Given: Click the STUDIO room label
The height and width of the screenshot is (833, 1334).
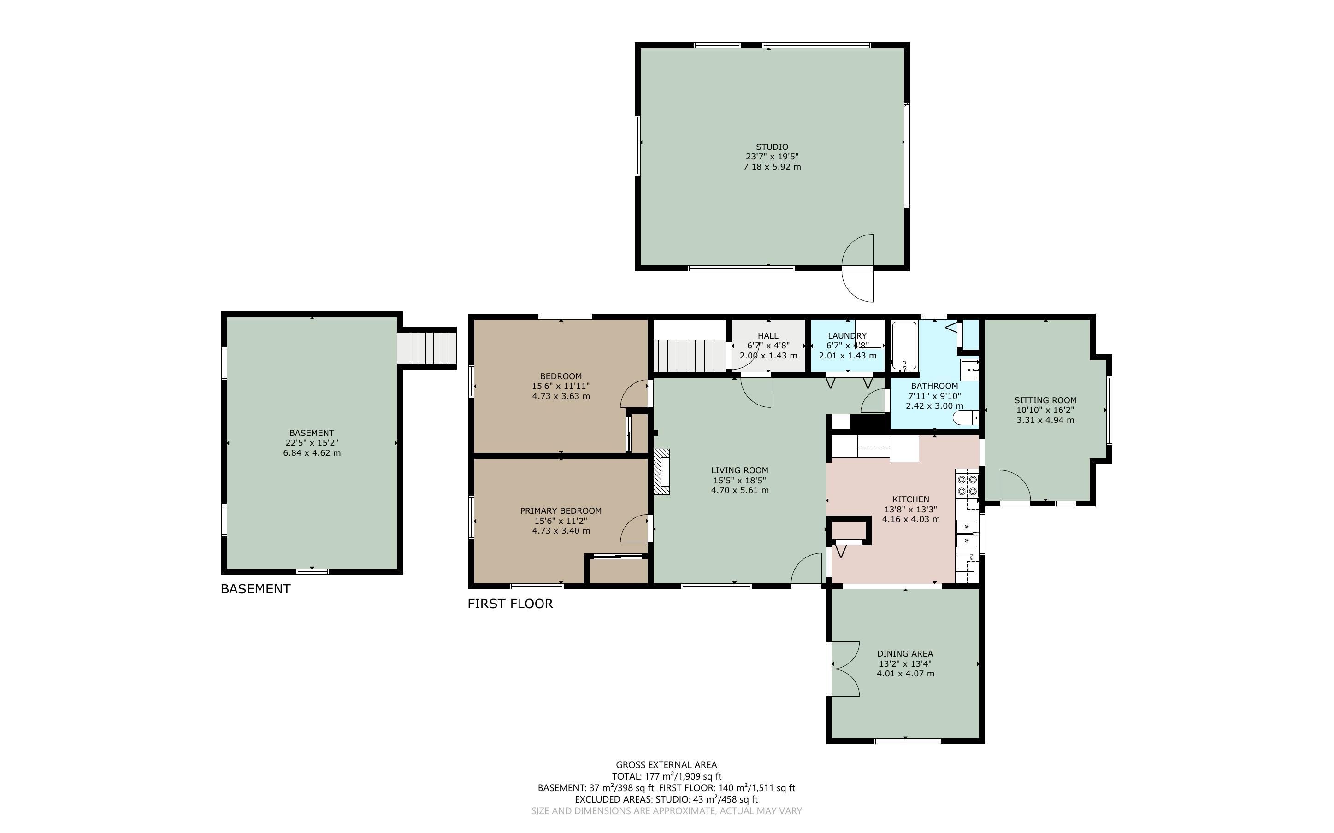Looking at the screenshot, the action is tap(772, 147).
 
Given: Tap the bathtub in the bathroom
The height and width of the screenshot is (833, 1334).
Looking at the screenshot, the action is tap(903, 346).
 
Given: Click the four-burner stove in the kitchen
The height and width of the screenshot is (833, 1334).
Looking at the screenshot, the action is tap(967, 485).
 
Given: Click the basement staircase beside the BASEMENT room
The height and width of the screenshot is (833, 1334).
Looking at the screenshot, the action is tap(427, 347).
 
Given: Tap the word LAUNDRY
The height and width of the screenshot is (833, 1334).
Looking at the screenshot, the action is tap(847, 335).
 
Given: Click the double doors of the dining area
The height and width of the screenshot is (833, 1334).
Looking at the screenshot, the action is tap(843, 669).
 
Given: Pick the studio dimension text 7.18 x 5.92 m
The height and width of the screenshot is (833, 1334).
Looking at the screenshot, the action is tap(772, 166).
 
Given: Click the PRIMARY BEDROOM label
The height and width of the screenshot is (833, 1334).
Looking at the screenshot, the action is tap(561, 510).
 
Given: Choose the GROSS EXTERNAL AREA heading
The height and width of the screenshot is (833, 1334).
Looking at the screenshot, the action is tap(666, 765).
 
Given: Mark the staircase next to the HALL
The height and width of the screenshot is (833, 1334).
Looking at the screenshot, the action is tap(689, 355).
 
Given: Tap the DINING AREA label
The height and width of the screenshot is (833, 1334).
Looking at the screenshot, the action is tap(905, 654).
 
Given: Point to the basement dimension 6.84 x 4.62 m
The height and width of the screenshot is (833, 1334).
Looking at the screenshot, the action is tap(312, 453).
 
